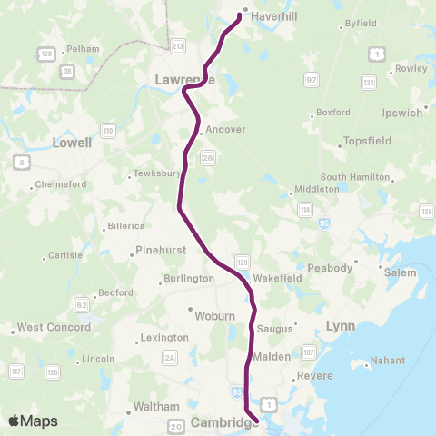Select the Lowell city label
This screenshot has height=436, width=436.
pos(73,143)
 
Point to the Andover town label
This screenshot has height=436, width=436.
pos(226,130)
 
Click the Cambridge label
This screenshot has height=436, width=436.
pos(222,423)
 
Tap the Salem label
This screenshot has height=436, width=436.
pos(400,272)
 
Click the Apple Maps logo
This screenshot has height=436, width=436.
pos(33,421)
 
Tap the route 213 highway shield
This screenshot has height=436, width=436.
pos(178,45)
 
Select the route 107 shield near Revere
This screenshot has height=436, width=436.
pos(309,352)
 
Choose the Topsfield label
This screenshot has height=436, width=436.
pos(367,143)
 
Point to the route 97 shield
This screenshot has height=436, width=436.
pos(312,81)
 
